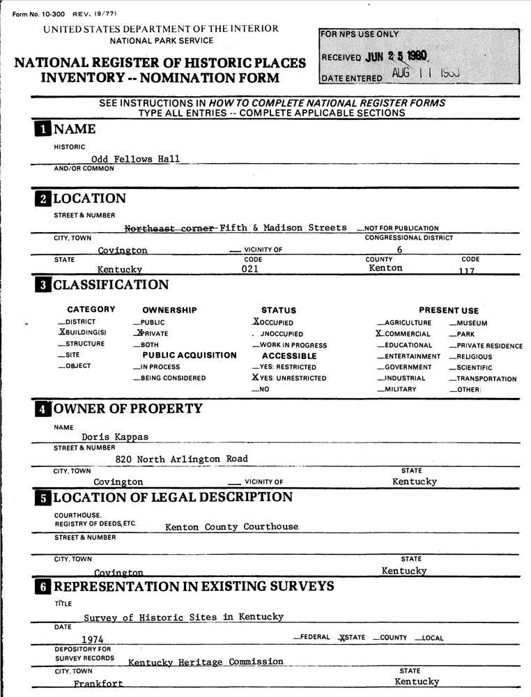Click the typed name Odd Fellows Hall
coord(135,159)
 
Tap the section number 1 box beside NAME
coord(43,129)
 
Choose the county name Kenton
coord(385,268)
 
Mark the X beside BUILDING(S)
coord(61,333)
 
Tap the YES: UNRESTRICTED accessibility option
coord(293,378)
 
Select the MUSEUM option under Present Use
coord(472,323)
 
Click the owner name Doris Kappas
coord(114,437)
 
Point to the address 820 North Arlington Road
coord(181,459)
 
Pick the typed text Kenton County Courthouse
coord(231,527)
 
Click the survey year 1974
coord(93,639)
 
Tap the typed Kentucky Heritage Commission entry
coord(206,661)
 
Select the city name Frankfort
coord(98,684)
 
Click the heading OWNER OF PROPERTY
coord(128,408)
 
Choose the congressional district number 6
coord(399,249)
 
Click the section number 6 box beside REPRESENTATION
coord(43,587)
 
